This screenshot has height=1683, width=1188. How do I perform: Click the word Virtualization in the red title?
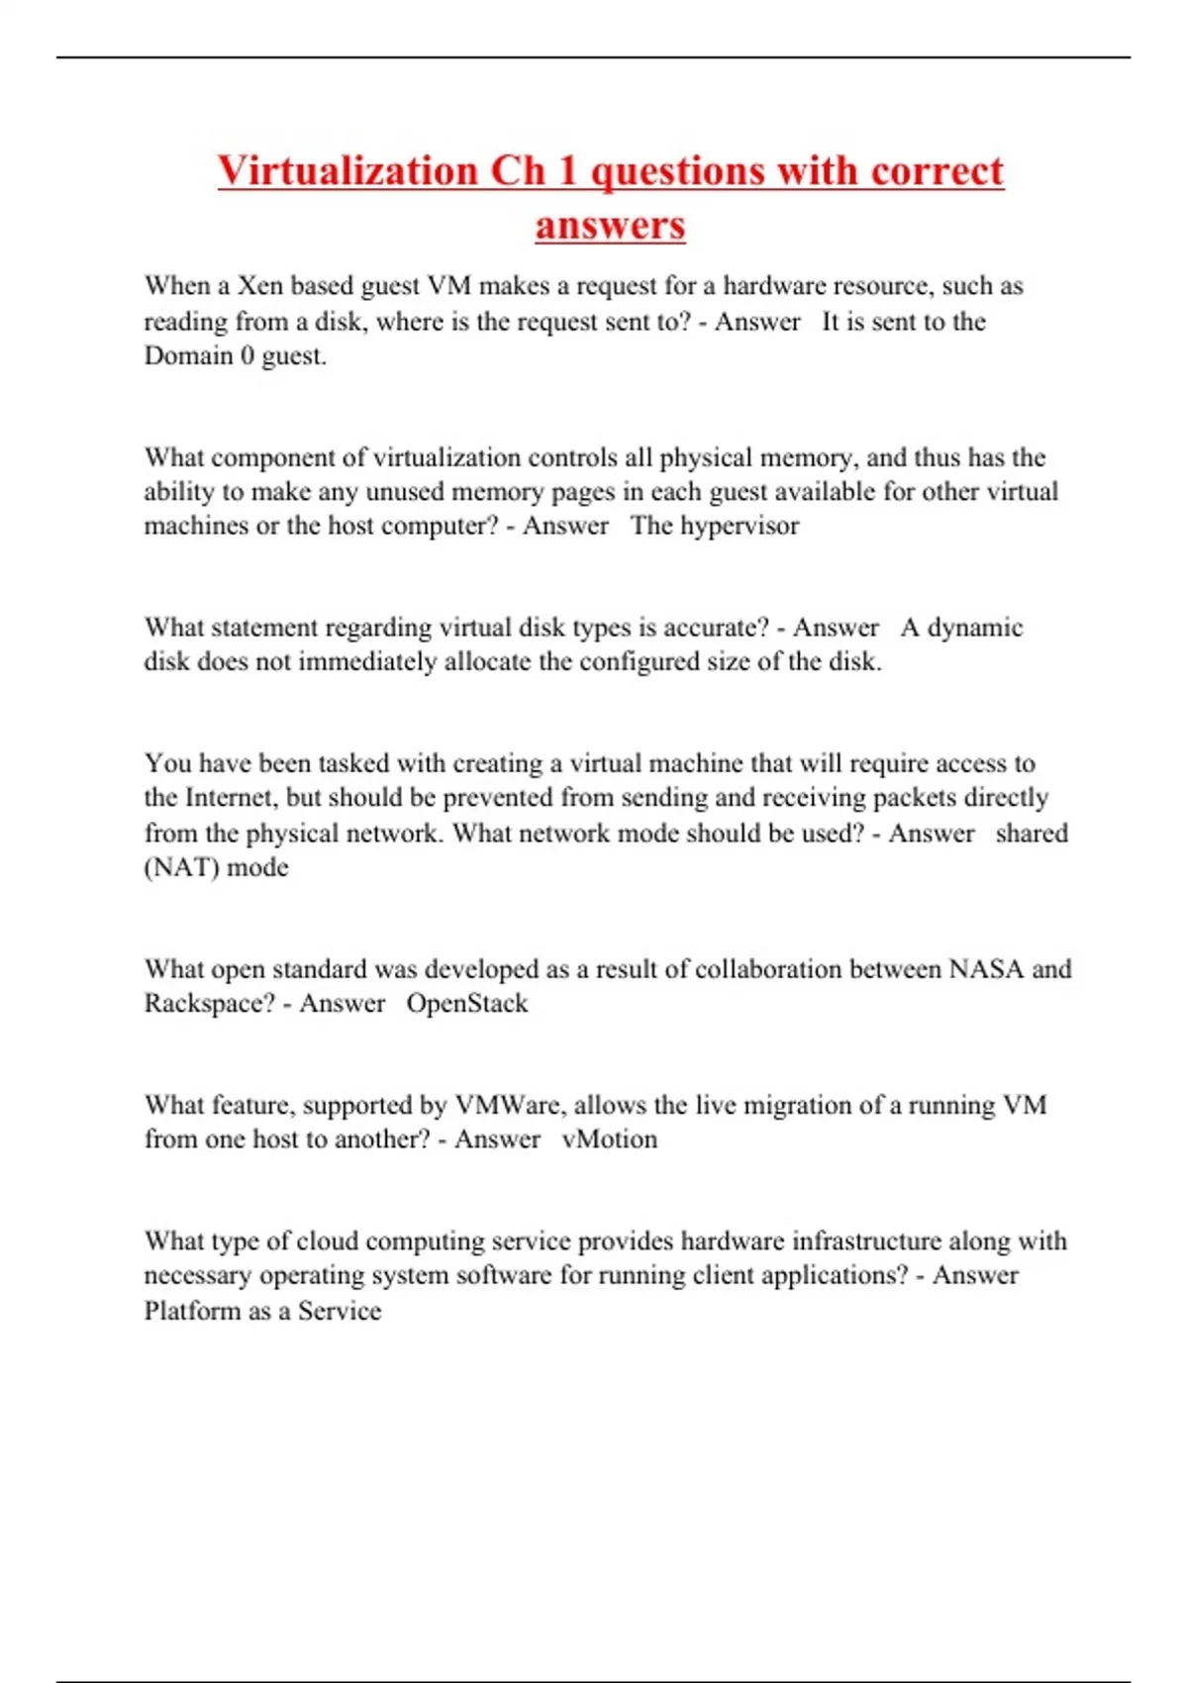click(347, 170)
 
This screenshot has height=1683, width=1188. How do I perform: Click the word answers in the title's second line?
click(610, 225)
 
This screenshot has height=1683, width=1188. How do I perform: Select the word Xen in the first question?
click(260, 286)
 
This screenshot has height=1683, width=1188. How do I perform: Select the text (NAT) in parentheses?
click(181, 867)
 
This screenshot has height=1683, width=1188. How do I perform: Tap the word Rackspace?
click(209, 1003)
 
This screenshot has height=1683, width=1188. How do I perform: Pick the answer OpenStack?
click(467, 1003)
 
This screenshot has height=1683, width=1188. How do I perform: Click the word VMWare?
click(507, 1105)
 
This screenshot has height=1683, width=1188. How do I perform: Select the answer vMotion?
click(609, 1138)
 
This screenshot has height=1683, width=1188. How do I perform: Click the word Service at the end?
click(340, 1311)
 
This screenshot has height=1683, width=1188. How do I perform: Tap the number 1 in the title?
click(566, 170)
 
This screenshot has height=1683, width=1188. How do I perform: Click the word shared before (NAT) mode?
click(1032, 833)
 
